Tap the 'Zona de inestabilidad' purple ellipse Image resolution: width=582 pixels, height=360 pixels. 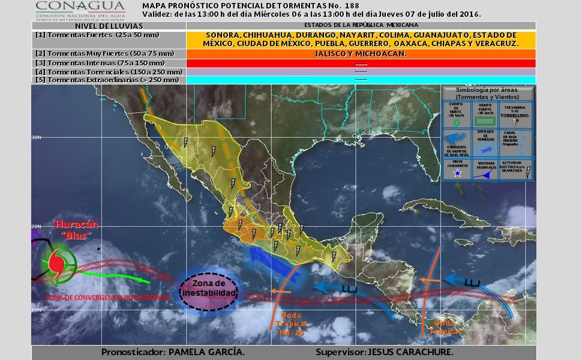pyautogui.click(x=208, y=289)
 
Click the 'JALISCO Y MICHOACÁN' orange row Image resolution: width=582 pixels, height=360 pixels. pyautogui.click(x=361, y=54)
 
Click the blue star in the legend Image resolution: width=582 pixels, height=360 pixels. pyautogui.click(x=457, y=173)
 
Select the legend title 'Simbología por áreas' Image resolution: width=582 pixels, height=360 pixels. pyautogui.click(x=488, y=93)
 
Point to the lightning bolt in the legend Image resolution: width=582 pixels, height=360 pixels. pyautogui.click(x=527, y=173)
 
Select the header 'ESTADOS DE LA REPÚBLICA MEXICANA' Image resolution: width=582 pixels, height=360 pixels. pyautogui.click(x=361, y=25)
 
